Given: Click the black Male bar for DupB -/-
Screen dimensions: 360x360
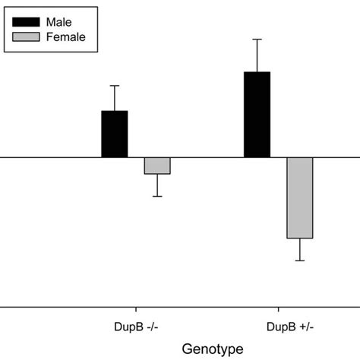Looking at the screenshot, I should (115, 134).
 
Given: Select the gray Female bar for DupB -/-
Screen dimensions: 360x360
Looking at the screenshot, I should (157, 166).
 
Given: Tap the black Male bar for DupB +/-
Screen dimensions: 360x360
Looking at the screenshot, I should (257, 115).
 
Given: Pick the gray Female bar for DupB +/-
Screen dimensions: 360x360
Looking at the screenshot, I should (299, 198).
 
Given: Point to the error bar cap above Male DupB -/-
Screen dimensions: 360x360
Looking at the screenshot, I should (115, 85).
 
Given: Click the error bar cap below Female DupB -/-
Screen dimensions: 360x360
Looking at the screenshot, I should (157, 197).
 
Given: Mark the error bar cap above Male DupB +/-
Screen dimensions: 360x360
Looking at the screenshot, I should (257, 39).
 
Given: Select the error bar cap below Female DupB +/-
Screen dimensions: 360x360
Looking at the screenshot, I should (299, 261).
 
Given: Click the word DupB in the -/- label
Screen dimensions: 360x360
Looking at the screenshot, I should (119, 327).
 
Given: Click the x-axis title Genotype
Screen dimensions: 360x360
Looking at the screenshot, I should (213, 348).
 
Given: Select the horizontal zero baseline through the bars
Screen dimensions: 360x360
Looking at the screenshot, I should (46, 158).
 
